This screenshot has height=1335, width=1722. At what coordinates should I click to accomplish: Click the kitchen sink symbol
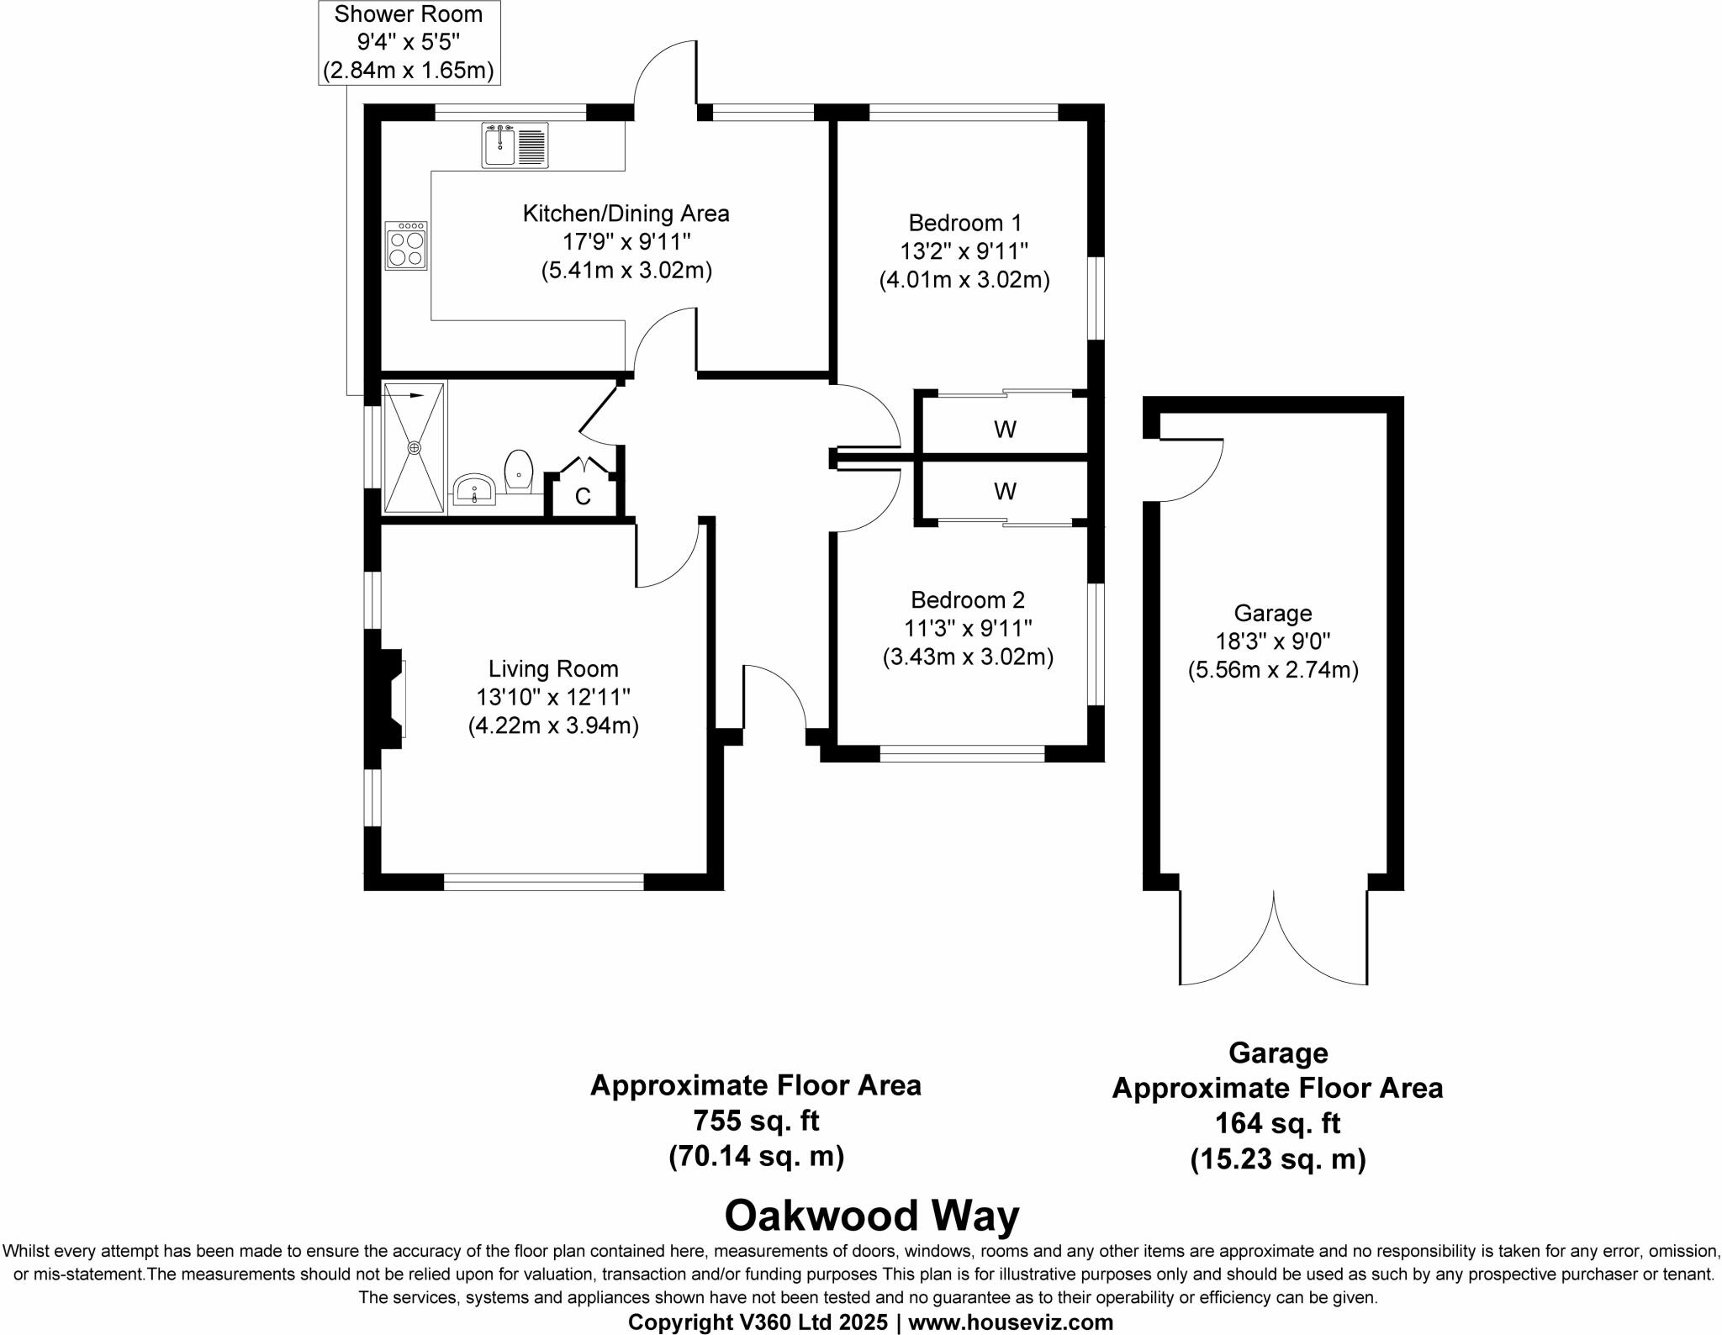pos(515,145)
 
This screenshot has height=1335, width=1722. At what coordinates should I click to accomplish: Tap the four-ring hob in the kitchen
pos(406,245)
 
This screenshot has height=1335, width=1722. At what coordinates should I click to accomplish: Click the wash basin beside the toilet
pos(475,489)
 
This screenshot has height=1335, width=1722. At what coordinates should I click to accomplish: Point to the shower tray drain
pos(414,448)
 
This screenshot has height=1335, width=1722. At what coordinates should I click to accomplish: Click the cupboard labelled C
pos(583,497)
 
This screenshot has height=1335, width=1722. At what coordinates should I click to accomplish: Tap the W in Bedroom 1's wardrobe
pos(1005,430)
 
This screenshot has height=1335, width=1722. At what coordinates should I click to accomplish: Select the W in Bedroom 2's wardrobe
pos(1005,491)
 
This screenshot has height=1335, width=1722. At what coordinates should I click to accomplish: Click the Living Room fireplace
pos(389,698)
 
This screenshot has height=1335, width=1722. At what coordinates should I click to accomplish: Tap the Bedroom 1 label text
pos(965,223)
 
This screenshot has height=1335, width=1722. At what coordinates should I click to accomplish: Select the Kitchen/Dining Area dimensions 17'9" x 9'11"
pos(626,242)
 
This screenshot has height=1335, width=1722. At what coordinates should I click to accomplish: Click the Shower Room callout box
pos(409,42)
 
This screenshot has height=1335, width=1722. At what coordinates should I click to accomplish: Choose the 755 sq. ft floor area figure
pos(755,1121)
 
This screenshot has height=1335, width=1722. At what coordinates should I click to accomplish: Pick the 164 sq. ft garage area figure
pos(1277,1123)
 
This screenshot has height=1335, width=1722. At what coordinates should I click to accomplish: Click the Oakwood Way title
pos(872,1216)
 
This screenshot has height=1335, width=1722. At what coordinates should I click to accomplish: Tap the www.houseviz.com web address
pos(1010,1322)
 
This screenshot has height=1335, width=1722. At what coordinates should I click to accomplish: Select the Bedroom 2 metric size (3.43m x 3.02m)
pos(968,657)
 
